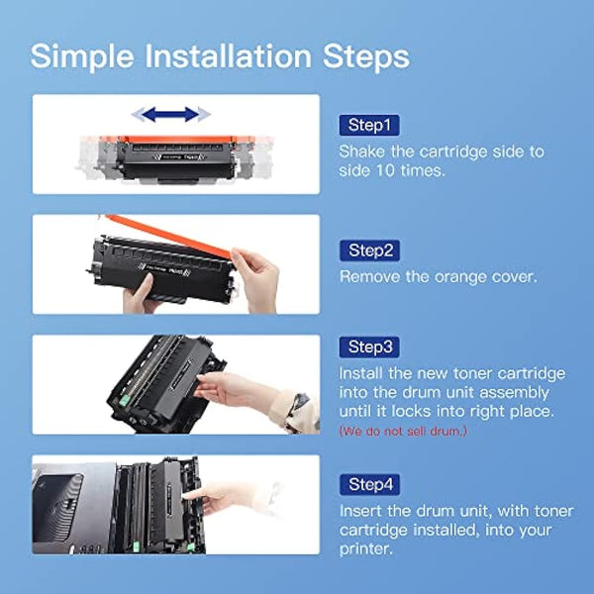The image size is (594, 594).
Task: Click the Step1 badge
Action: (369, 126)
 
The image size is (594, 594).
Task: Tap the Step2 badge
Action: (370, 250)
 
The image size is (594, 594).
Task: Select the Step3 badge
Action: (370, 346)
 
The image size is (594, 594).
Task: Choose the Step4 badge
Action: (370, 484)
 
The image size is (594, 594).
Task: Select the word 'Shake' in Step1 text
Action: (363, 151)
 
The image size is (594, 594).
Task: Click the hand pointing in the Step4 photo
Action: (223, 495)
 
